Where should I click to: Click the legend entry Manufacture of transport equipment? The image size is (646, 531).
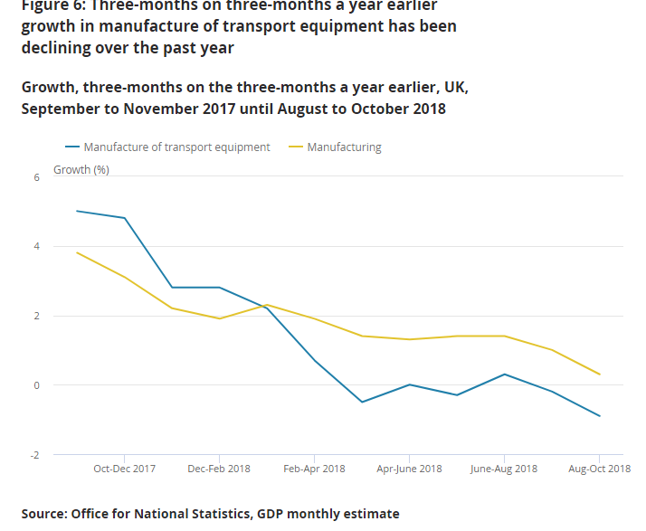tap(176, 147)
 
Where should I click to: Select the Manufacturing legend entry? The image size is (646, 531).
tap(344, 147)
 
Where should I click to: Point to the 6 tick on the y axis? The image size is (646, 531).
tap(37, 177)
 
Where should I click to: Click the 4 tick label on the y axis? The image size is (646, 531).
tap(37, 246)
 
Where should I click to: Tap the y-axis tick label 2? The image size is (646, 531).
tap(37, 316)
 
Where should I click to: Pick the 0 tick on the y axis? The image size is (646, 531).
tap(37, 385)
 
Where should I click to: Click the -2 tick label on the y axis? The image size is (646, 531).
tap(35, 455)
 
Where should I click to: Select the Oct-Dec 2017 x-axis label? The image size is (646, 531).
tap(125, 469)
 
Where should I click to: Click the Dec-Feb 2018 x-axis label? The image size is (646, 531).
tap(219, 469)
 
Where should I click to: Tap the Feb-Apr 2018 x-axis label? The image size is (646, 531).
tap(314, 469)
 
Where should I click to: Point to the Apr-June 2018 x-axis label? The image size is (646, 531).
tap(409, 469)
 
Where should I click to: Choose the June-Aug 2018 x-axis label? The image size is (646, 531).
tap(504, 469)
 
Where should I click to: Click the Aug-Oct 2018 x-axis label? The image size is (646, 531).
tap(599, 469)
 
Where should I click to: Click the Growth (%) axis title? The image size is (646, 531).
tap(81, 169)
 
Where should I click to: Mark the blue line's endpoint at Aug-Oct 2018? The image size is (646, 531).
tap(599, 416)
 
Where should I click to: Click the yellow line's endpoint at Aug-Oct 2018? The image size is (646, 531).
tap(599, 375)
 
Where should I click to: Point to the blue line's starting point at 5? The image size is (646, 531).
tap(77, 211)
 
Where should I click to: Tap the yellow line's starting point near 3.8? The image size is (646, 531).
tap(77, 252)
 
